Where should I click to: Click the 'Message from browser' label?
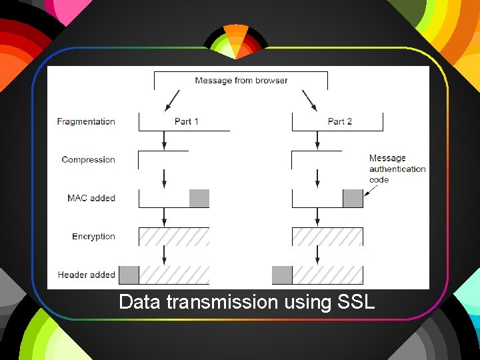(x=241, y=81)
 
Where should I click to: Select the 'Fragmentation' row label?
(x=86, y=121)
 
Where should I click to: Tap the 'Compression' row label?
(x=88, y=159)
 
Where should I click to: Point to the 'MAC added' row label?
(x=91, y=198)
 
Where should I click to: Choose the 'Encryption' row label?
(x=93, y=237)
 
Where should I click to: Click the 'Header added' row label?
(x=86, y=275)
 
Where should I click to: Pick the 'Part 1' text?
(x=187, y=121)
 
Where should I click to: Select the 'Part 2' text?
(x=340, y=121)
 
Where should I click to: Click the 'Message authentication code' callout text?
(x=397, y=169)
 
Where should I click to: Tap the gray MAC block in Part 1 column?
(x=199, y=199)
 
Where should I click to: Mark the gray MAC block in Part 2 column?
(x=353, y=199)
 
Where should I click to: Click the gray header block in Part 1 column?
(x=129, y=275)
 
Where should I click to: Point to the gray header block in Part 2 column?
(x=282, y=275)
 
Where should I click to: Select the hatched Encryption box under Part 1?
(x=174, y=237)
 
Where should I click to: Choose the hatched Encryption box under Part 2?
(x=327, y=237)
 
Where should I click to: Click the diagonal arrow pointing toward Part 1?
(x=171, y=101)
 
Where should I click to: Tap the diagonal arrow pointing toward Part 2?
(x=309, y=101)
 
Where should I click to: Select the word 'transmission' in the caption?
(x=221, y=302)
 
